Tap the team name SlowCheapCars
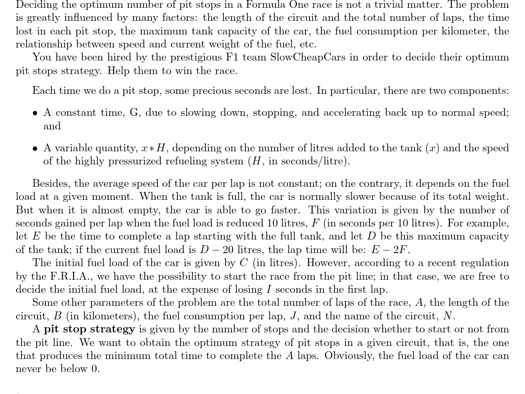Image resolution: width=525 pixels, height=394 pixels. coord(308,57)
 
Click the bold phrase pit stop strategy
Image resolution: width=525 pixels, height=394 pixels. coord(89,329)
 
